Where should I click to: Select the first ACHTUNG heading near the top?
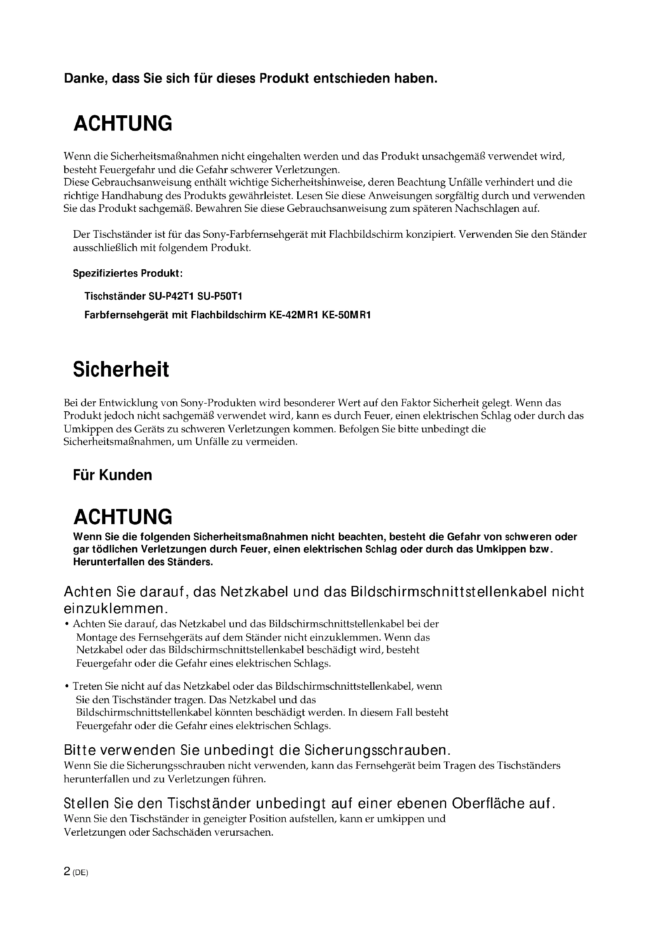click(123, 124)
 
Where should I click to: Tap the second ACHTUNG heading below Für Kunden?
click(123, 517)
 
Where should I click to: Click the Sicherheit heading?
click(121, 370)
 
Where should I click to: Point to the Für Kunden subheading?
click(113, 475)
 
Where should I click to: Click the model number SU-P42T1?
click(171, 296)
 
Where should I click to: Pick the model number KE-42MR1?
click(293, 316)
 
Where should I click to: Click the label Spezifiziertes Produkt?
click(128, 274)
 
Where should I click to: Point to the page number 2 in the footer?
click(67, 872)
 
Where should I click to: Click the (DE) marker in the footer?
click(80, 873)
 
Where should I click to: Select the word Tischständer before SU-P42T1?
click(113, 296)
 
